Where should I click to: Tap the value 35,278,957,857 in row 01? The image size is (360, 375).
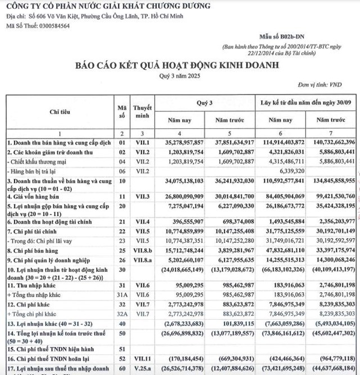pos(182,142)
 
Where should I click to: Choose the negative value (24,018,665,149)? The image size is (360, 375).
pos(181,270)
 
